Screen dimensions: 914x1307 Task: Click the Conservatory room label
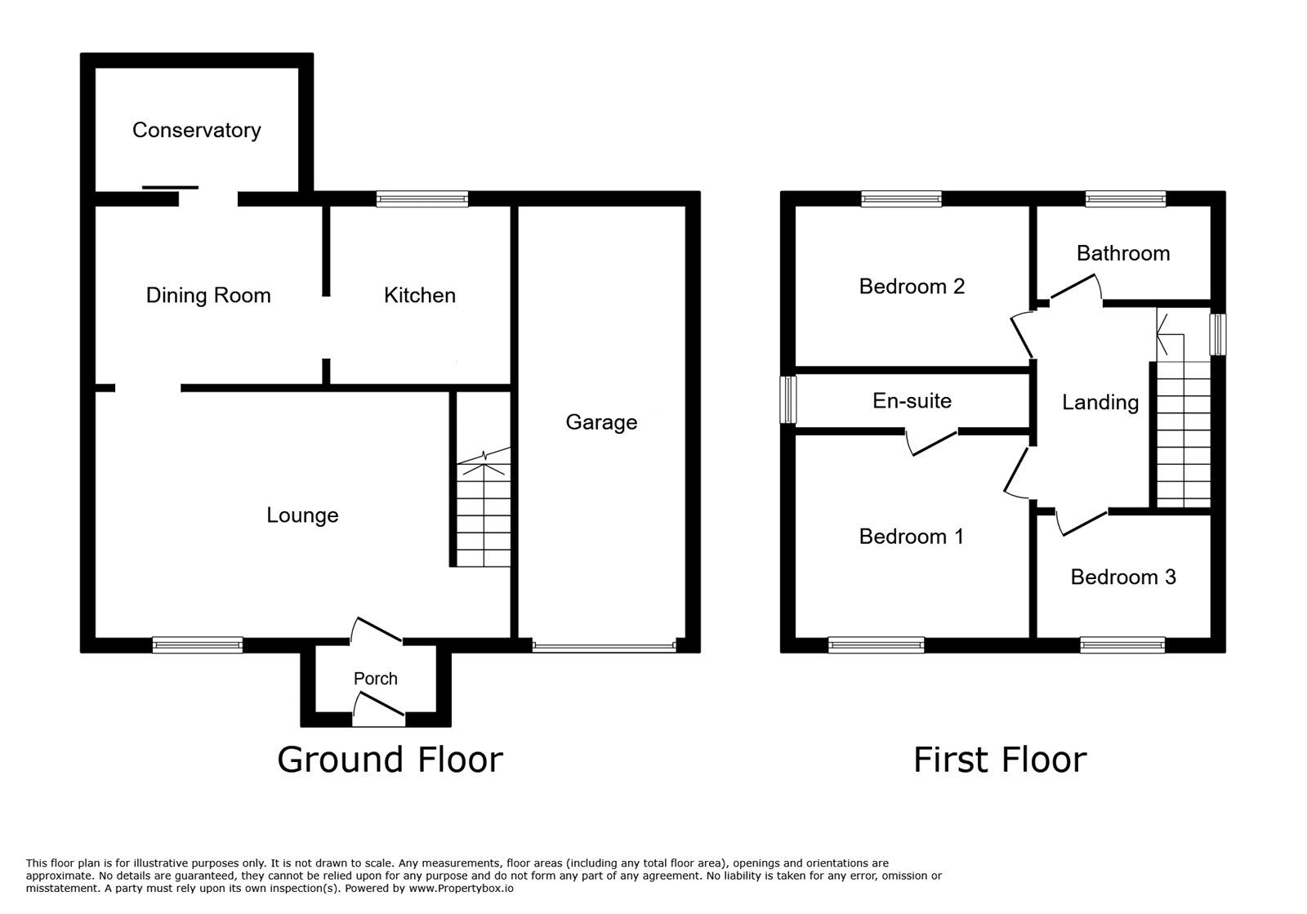click(x=196, y=130)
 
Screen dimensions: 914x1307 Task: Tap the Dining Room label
click(x=208, y=295)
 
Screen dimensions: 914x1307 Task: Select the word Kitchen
click(x=419, y=295)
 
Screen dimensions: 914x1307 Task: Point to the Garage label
click(x=601, y=421)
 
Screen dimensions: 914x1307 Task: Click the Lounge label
click(x=302, y=515)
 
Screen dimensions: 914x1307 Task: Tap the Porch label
click(x=375, y=678)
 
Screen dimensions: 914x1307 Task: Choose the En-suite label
click(x=912, y=400)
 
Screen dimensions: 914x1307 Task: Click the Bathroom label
click(x=1122, y=253)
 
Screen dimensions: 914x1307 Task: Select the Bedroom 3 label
click(x=1122, y=577)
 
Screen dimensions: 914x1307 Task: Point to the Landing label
click(x=1100, y=402)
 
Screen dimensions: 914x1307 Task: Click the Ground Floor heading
click(x=390, y=760)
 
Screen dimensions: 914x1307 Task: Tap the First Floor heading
click(x=999, y=760)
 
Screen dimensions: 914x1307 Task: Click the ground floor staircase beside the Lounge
click(x=484, y=515)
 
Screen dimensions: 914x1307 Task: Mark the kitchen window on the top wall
click(x=422, y=198)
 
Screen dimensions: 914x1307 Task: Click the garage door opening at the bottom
click(x=604, y=647)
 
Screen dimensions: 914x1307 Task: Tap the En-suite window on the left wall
click(x=788, y=399)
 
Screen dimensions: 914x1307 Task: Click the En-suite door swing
click(x=931, y=442)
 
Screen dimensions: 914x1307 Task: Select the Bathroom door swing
click(x=1074, y=288)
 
